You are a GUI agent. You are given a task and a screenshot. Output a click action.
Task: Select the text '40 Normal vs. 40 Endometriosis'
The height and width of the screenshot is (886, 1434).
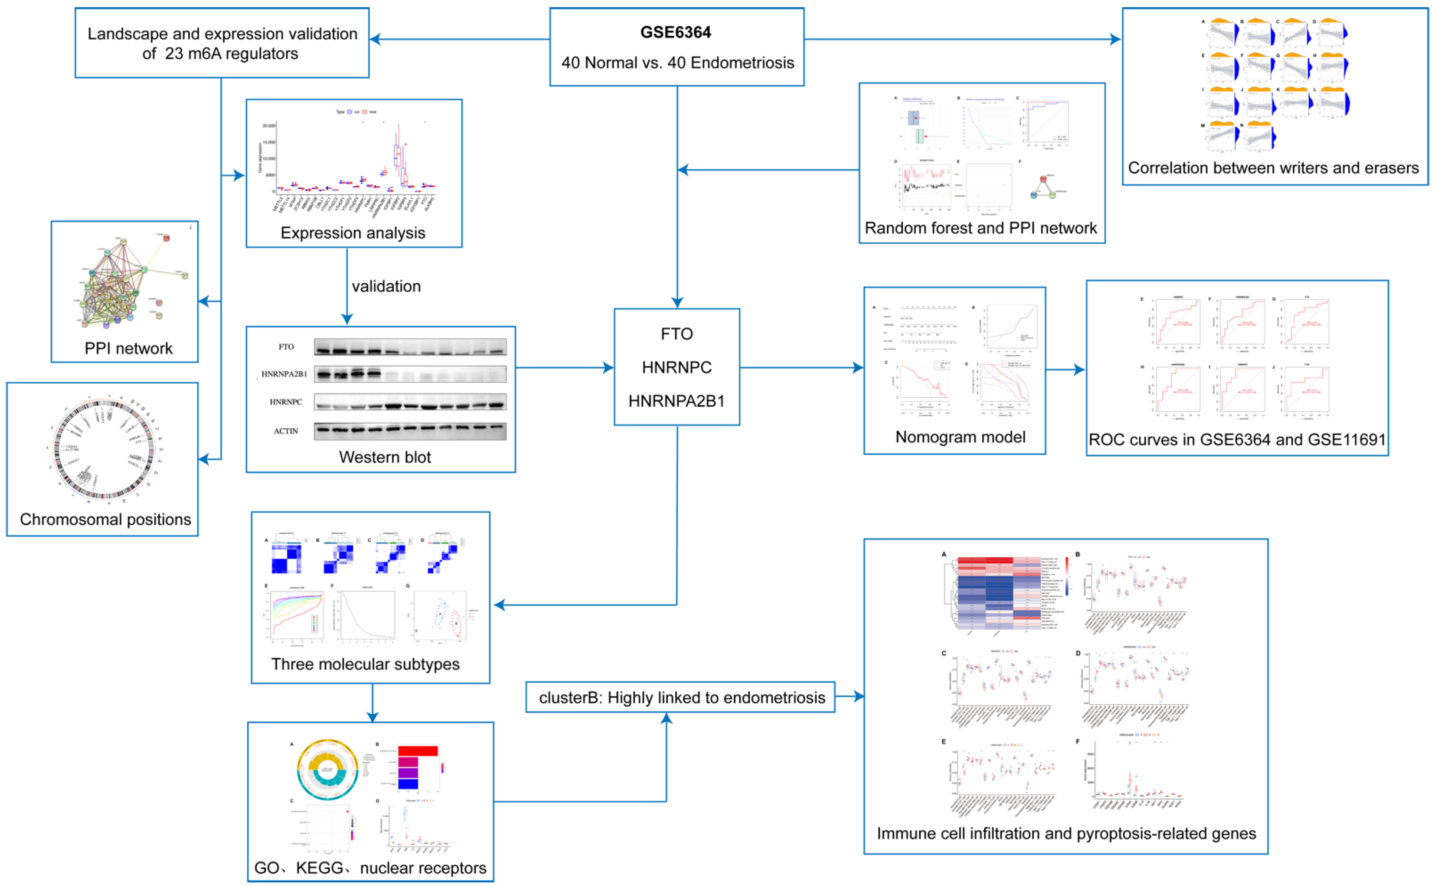click(677, 63)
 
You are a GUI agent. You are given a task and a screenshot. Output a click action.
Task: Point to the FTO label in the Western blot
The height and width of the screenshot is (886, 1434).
click(286, 347)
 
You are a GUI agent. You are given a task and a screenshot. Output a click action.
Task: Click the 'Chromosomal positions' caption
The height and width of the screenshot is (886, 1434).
click(105, 519)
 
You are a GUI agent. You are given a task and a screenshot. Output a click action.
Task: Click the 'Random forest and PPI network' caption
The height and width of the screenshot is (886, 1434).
click(981, 228)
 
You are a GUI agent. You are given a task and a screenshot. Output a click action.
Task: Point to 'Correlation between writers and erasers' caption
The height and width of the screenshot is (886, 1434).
click(1273, 168)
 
